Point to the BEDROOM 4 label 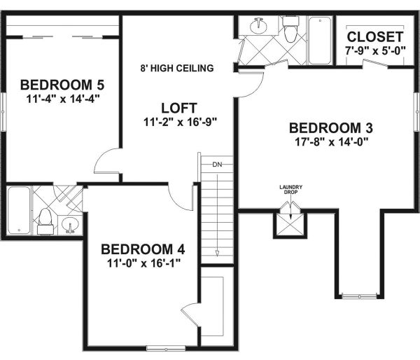[x=143, y=249]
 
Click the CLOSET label [x=375, y=36]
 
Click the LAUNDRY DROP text [x=289, y=189]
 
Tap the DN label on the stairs [x=217, y=165]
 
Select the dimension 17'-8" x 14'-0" [x=330, y=141]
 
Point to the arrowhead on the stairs [x=217, y=254]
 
